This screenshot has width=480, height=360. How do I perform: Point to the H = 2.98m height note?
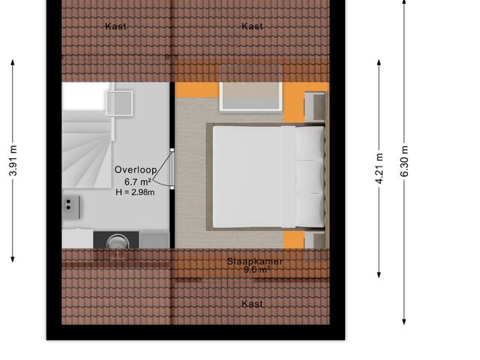click(135, 192)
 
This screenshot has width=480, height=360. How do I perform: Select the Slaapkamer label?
click(254, 261)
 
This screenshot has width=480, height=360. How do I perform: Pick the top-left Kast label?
click(116, 26)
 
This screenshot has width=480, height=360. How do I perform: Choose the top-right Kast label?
click(253, 26)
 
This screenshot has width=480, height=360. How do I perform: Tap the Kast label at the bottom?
click(253, 304)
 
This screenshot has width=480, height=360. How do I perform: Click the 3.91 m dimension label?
click(13, 160)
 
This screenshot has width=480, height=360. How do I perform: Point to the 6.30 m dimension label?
click(405, 160)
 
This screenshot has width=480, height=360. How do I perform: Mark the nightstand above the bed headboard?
click(315, 106)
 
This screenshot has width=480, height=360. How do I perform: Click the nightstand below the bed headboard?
click(316, 241)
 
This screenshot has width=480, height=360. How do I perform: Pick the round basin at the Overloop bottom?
click(117, 241)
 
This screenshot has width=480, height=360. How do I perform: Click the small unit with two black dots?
click(72, 204)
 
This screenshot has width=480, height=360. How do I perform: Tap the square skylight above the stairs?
click(118, 103)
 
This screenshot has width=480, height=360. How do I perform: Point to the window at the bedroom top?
click(251, 96)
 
